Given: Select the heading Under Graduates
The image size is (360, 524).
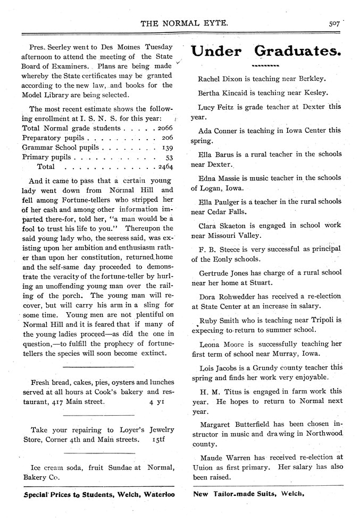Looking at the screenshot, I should [266, 51].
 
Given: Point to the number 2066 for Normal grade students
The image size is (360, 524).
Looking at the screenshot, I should [163, 128].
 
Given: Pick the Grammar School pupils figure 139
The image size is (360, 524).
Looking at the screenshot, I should [166, 148].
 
